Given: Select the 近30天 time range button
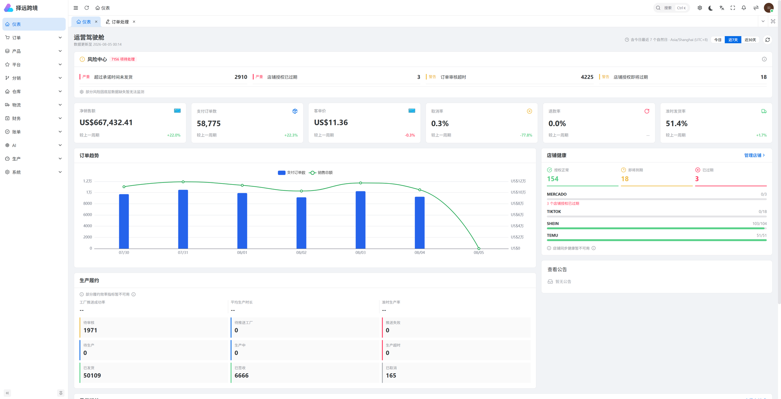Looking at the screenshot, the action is [x=750, y=40].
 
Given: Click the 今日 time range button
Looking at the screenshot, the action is [x=718, y=40].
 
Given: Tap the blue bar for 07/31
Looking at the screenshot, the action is [x=183, y=219].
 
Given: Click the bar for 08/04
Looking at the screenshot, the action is [x=419, y=223].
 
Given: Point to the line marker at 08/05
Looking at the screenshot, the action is [x=479, y=248].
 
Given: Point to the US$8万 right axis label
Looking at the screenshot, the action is [x=517, y=203].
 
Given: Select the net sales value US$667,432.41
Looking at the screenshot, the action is [x=106, y=123].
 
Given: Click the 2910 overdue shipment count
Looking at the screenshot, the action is [x=241, y=77].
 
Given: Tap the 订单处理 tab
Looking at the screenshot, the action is [x=120, y=22].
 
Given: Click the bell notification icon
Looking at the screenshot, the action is [x=744, y=8].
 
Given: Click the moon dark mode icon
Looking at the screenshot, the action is [x=710, y=8].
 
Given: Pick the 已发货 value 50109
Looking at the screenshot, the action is [x=92, y=376].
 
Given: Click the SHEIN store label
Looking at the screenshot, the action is [x=553, y=224].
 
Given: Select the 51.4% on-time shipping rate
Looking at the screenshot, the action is [x=677, y=124].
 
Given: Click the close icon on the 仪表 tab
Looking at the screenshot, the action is [x=96, y=22].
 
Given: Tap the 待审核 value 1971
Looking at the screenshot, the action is [x=90, y=330].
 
